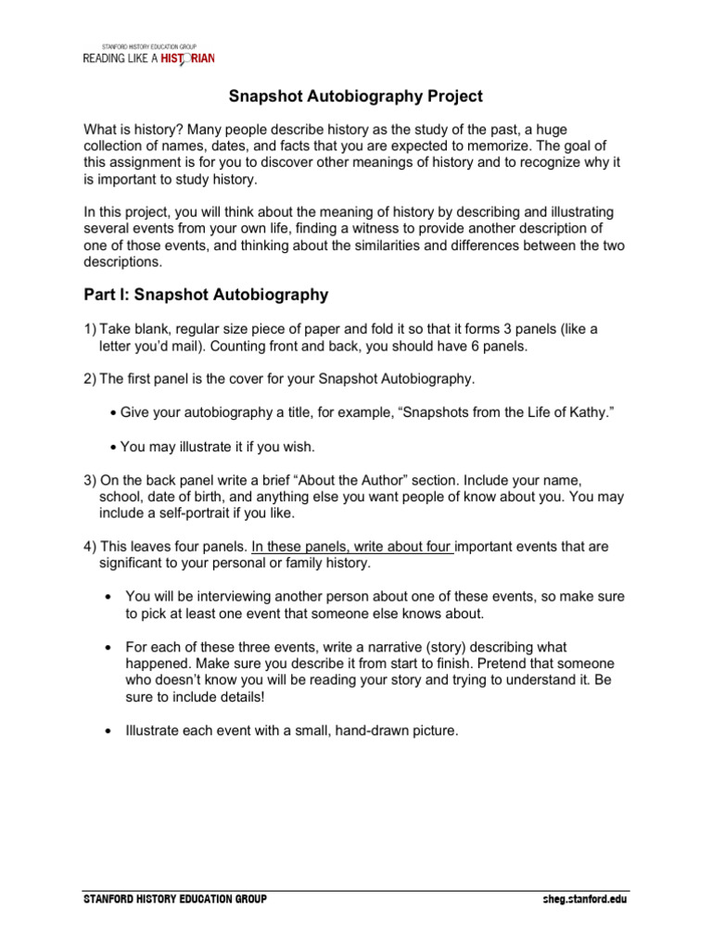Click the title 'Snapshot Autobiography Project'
tap(356, 96)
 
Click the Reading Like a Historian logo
tap(148, 56)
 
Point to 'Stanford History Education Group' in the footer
tap(174, 899)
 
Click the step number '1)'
tap(91, 329)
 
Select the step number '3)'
tap(91, 480)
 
